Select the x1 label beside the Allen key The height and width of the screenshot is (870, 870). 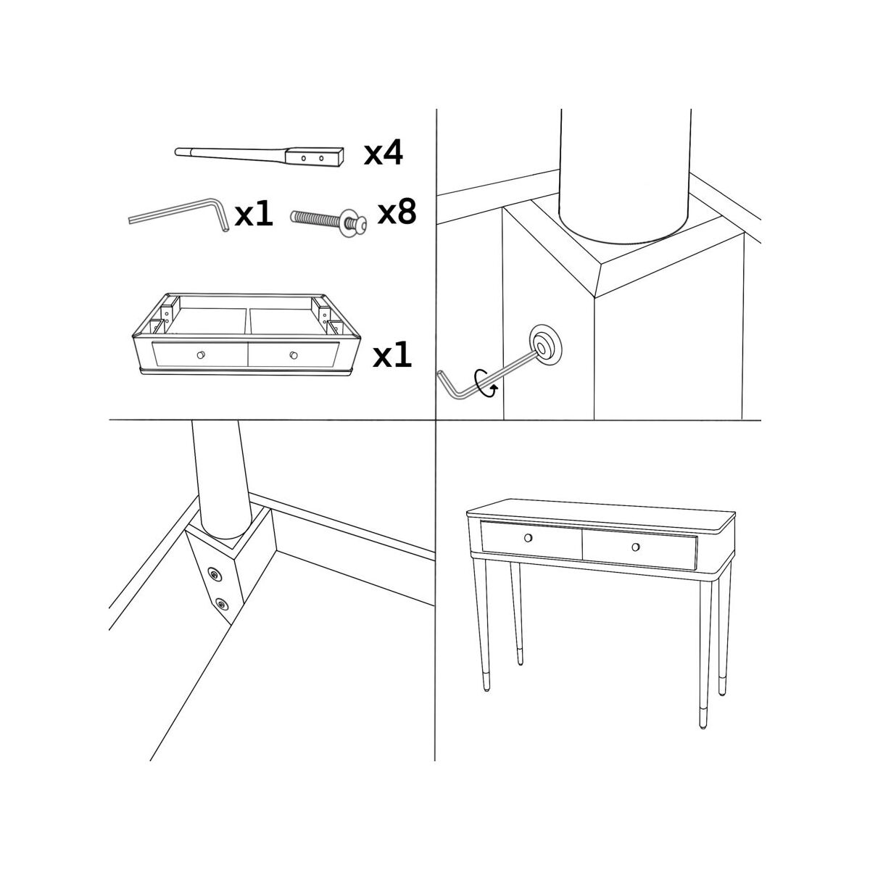254,214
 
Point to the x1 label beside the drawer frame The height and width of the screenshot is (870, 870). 392,355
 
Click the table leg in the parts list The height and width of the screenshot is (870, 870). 259,157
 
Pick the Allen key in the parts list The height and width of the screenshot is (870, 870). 180,214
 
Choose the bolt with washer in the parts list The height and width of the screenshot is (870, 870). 328,221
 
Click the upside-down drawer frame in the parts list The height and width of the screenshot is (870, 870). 246,334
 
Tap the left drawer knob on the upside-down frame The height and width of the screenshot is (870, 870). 201,355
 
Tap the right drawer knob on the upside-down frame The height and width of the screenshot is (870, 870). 294,355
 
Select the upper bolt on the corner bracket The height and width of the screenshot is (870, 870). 214,574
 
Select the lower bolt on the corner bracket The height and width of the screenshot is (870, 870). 221,604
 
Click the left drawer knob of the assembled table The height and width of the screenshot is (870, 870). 529,538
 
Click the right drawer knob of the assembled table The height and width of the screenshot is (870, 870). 636,547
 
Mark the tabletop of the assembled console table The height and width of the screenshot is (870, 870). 601,514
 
